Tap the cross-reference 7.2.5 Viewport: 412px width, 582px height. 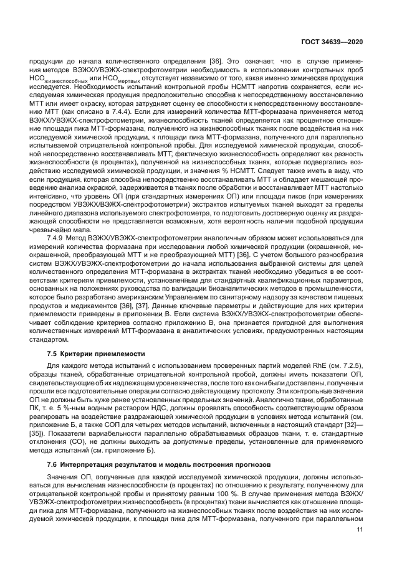353,364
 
